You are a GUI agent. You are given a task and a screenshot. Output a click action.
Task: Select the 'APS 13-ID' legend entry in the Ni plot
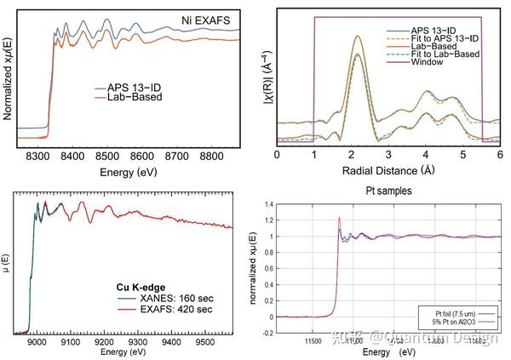point(135,87)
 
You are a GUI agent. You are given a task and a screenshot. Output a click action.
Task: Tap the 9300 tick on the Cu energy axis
point(137,341)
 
